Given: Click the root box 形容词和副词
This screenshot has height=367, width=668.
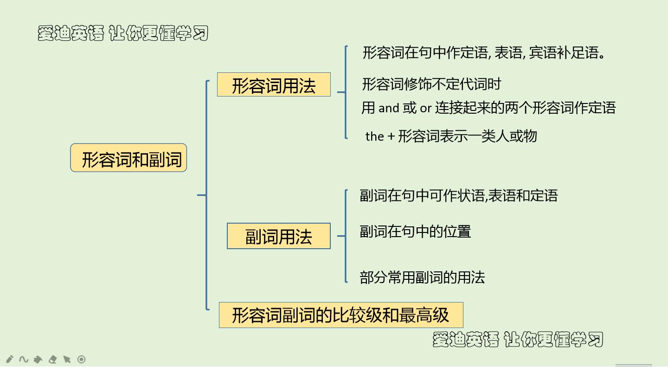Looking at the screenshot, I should point(128,158).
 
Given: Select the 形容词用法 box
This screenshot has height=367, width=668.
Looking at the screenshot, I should point(274,85).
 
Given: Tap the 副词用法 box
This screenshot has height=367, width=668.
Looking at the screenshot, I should point(278,236).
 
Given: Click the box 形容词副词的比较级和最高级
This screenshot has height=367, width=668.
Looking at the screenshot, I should point(340,315).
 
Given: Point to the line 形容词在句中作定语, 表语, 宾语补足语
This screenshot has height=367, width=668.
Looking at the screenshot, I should point(484,52).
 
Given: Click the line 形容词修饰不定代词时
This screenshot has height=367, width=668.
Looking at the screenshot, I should point(431,84).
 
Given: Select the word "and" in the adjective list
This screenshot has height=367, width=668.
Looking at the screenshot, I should point(389,108).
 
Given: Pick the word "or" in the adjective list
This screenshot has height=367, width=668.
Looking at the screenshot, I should point(425,109).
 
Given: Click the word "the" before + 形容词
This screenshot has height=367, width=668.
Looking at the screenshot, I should point(374,136).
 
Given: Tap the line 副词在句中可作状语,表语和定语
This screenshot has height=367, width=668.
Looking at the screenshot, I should point(458,195).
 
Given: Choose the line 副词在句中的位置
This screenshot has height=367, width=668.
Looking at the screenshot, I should point(415,231).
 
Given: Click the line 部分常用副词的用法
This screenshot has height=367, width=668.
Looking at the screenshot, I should point(422,277).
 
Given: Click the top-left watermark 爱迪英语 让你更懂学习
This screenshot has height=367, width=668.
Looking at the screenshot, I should point(123,33).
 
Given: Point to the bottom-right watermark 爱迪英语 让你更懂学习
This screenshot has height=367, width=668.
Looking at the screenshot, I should point(518,339).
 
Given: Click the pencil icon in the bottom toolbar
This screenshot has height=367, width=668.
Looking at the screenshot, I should point(9,359).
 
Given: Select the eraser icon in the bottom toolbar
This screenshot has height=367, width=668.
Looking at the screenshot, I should point(52,359).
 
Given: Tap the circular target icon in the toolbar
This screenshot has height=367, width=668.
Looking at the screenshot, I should point(81,359).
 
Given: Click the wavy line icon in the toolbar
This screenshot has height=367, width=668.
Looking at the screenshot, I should point(24,359).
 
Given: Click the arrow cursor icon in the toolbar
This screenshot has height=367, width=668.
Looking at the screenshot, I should point(67,359).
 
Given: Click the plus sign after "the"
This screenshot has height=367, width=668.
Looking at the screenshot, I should point(391,136).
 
